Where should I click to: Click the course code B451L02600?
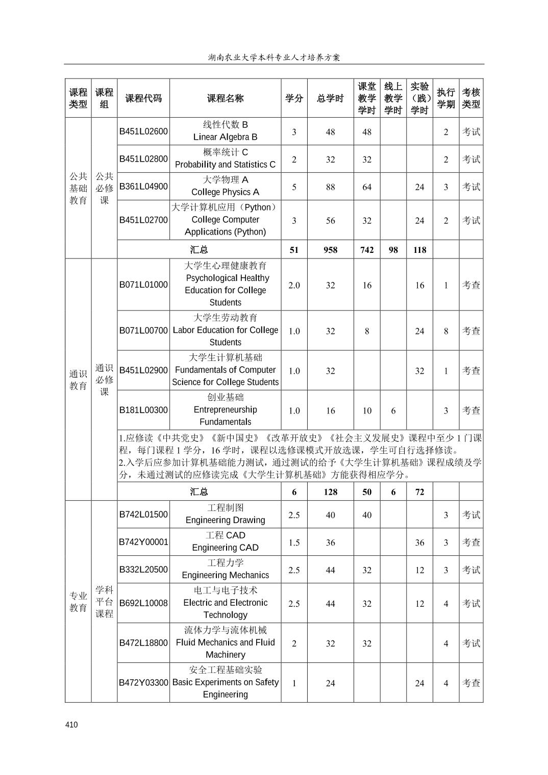coord(143,132)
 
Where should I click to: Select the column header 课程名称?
coord(225,98)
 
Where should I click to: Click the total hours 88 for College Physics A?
coord(330,187)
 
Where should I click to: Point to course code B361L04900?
coord(143,187)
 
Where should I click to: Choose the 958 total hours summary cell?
coord(330,250)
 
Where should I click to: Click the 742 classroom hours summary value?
coord(367,250)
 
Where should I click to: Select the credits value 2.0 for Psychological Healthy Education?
coord(294,285)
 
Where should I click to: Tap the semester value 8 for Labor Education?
coord(445,331)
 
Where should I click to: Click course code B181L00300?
coord(143,410)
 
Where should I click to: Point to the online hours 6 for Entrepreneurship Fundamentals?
coord(393,410)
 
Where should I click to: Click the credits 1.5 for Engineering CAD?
coord(294,542)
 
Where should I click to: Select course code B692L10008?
coord(143,603)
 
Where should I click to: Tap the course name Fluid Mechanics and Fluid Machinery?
coord(225,642)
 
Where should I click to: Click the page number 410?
coord(71,725)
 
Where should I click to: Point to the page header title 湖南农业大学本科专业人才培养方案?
coord(274,57)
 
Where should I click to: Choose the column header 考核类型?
coord(471,98)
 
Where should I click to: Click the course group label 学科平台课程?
coord(104,602)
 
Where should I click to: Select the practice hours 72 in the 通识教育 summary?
coord(419,492)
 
